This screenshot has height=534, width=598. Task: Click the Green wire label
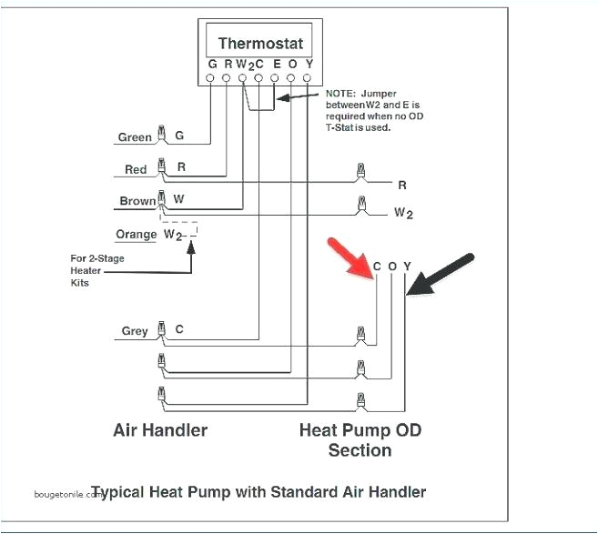pos(135,137)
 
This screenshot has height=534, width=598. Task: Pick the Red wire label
pos(136,169)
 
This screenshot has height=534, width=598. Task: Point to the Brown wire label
pos(137,201)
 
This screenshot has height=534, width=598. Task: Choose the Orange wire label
pos(137,234)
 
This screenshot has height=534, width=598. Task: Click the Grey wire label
pos(135,331)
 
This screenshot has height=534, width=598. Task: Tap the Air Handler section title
pos(160,429)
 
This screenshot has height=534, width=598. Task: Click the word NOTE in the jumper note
pos(340,94)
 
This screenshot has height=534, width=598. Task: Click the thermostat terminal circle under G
pos(211,79)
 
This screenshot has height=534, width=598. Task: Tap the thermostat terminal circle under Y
pos(308,79)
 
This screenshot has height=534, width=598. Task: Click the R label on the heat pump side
pos(401,185)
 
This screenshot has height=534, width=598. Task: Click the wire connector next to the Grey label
pos(162,328)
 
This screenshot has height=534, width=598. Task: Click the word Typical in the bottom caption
pos(147,492)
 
